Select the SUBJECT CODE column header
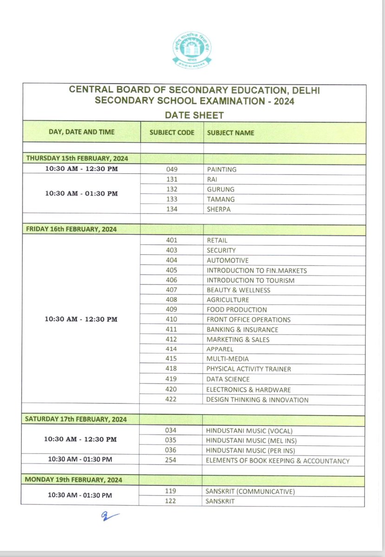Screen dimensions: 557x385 (x=172, y=133)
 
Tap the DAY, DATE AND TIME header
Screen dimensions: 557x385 (x=81, y=132)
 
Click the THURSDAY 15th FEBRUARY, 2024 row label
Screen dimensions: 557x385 (x=77, y=158)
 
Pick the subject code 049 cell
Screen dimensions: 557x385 (x=172, y=169)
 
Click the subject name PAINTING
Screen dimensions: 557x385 (x=222, y=169)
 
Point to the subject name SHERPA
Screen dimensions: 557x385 (x=218, y=209)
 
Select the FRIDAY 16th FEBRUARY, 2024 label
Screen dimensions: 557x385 (x=71, y=229)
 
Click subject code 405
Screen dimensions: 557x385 (x=172, y=270)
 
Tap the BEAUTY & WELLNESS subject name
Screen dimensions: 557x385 (x=238, y=290)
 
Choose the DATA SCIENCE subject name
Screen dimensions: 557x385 (x=228, y=379)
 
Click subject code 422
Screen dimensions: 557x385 (x=172, y=400)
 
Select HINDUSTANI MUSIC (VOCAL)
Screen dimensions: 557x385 (x=249, y=431)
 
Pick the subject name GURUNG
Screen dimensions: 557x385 (x=221, y=189)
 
